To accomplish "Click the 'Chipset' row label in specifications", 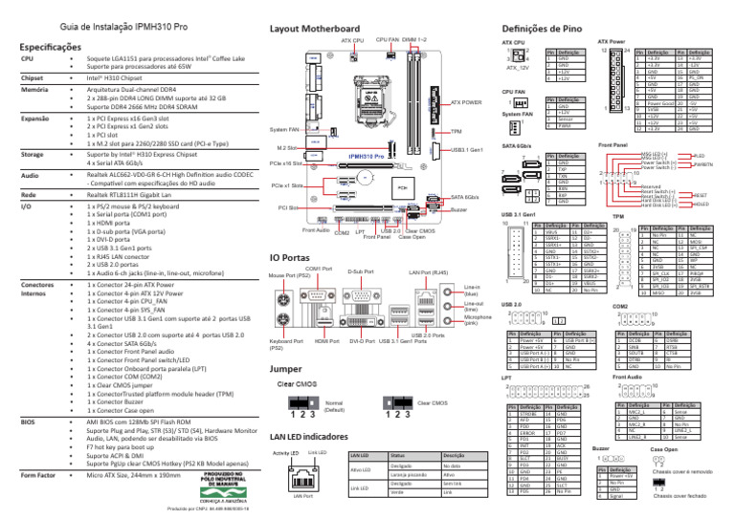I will pyautogui.click(x=33, y=76).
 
